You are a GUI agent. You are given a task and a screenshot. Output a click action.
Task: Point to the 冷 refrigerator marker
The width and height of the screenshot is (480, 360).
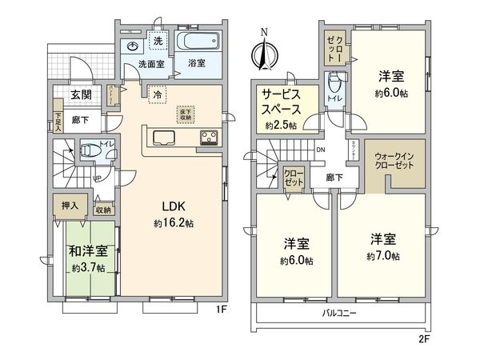click(158, 93)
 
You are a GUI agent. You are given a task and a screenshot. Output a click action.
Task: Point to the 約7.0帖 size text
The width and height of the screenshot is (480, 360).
click(384, 255)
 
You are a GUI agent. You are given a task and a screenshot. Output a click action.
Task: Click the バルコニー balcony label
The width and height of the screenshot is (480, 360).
click(339, 313)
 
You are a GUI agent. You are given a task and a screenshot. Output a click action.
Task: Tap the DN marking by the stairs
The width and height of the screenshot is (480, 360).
click(321, 150)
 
